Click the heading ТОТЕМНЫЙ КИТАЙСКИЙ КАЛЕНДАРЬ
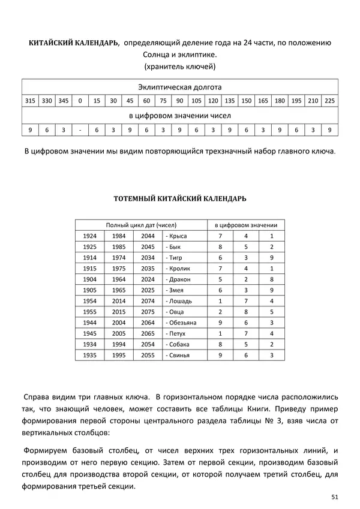(180, 197)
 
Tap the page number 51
(334, 496)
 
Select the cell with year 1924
(90, 236)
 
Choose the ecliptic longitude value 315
(30, 101)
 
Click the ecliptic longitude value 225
(330, 101)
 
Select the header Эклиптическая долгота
(180, 86)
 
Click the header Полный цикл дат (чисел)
(141, 224)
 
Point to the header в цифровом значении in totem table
(246, 224)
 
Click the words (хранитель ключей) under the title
(180, 66)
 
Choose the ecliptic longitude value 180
(280, 101)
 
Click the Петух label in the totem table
(176, 333)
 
